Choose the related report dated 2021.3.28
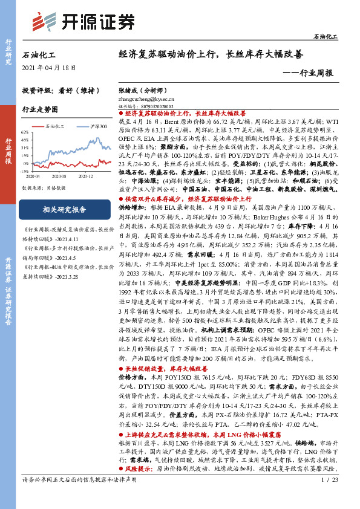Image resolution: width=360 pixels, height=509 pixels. (67, 279)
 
